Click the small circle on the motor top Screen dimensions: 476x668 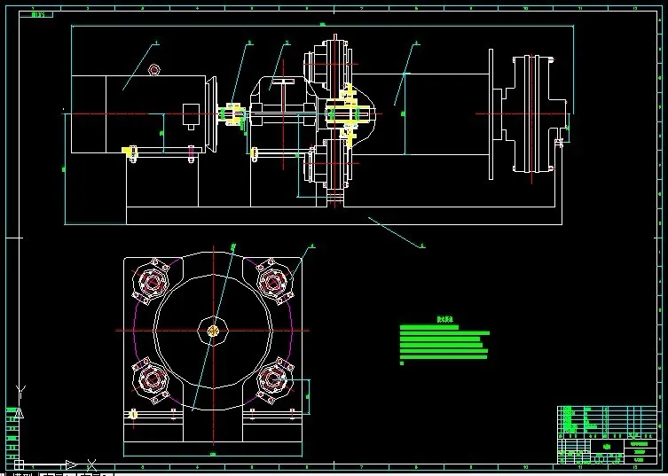click(154, 69)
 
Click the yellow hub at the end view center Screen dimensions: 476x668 click(213, 331)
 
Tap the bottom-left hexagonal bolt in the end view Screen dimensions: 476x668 click(152, 380)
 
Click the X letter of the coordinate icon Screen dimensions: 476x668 click(91, 464)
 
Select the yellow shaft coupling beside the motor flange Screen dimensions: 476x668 click(233, 116)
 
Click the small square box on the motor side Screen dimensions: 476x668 click(192, 116)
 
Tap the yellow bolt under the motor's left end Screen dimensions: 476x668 click(131, 154)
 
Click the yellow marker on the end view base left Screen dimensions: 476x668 click(133, 414)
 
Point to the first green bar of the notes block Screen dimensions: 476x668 click(429, 328)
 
